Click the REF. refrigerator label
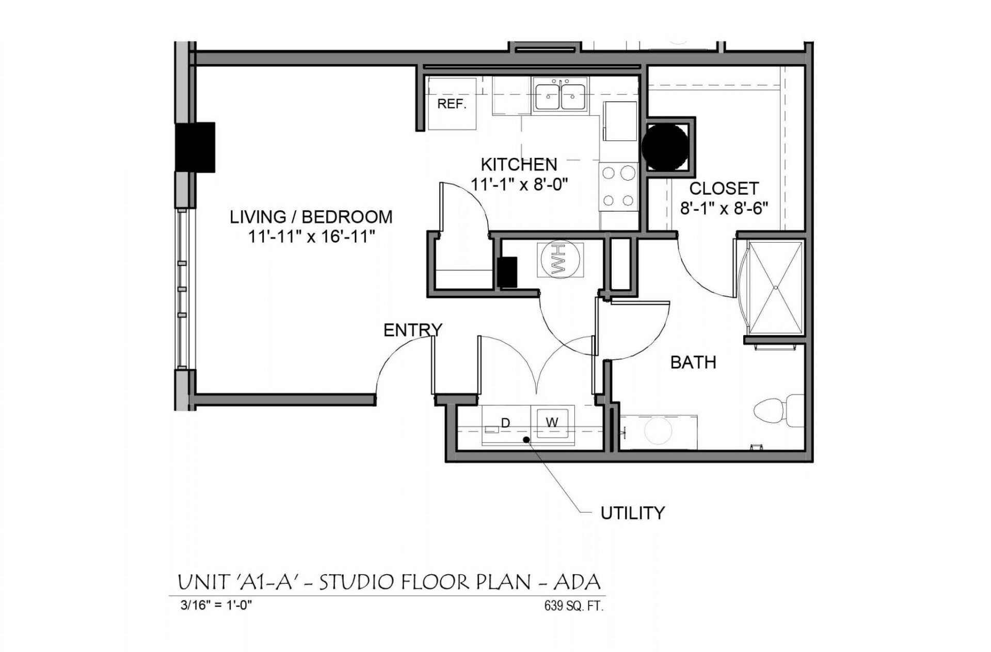(452, 104)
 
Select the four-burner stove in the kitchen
(618, 187)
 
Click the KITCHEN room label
(519, 165)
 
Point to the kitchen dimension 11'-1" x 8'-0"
(519, 184)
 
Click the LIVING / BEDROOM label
(311, 217)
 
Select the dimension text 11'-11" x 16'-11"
(311, 237)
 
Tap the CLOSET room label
(724, 188)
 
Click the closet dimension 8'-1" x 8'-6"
(724, 209)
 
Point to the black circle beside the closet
(665, 147)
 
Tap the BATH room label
(693, 362)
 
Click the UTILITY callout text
(632, 513)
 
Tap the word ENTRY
(412, 330)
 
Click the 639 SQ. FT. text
(573, 606)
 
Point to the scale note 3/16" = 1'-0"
(216, 605)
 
